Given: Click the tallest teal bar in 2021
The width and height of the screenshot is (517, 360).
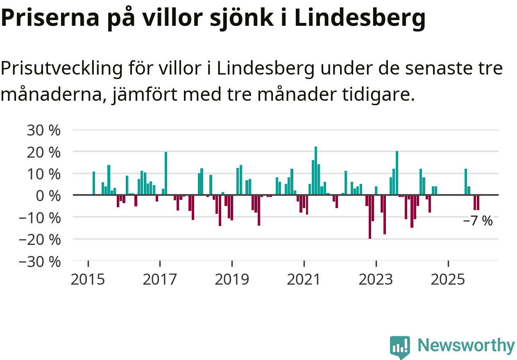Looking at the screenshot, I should pos(316,170).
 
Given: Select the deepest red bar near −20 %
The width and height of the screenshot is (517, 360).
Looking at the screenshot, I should pos(370,217).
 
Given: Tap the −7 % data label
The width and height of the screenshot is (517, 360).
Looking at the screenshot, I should pos(478,221).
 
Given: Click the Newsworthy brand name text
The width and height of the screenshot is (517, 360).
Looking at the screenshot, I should pos(466,346).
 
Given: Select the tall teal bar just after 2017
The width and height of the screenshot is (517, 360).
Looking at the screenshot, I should pos(166,173).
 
